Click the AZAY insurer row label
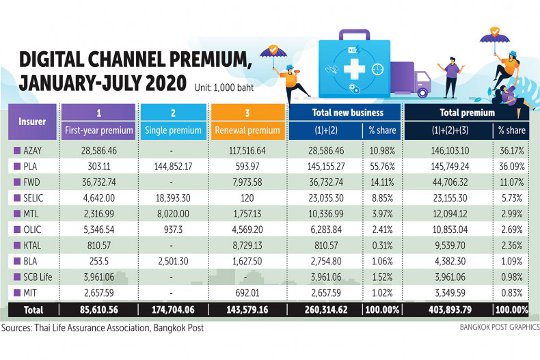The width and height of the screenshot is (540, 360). coord(32,148)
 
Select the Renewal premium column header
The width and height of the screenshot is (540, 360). coord(247,130)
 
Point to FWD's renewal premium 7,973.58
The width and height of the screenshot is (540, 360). coord(248,181)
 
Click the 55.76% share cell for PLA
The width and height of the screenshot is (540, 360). coord(375,165)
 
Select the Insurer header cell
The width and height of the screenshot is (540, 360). coord(32,121)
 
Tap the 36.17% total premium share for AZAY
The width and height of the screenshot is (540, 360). coord(511,148)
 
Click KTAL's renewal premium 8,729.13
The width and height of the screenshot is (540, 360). coord(248,245)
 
